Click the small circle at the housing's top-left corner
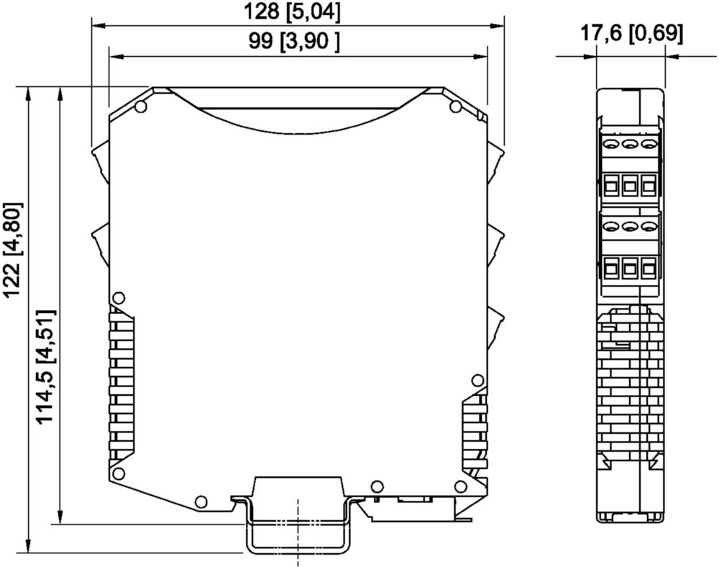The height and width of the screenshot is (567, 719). point(141,107)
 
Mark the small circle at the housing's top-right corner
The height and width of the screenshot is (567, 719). point(455,107)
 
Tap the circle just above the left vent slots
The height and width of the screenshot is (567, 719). point(119,298)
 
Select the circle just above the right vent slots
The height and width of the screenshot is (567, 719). point(478,380)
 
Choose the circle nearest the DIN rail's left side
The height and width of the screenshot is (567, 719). point(201,502)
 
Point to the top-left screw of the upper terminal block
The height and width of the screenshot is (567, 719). point(610,145)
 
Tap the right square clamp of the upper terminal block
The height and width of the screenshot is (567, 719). point(649,186)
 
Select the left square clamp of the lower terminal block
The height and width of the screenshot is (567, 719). point(610,268)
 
